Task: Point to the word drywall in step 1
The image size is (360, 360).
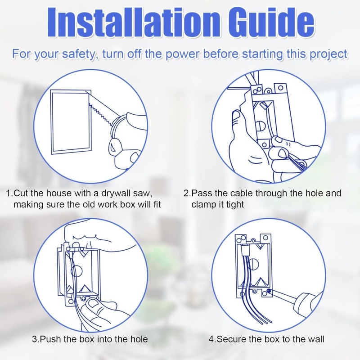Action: click(x=116, y=193)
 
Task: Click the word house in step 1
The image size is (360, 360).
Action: click(x=59, y=193)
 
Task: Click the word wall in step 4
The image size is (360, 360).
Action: click(x=316, y=339)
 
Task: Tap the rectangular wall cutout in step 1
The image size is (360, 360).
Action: click(x=71, y=121)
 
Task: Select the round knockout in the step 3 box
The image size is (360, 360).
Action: click(x=76, y=272)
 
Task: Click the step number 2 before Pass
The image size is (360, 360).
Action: click(x=186, y=193)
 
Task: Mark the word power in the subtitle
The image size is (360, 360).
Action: click(x=183, y=54)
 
